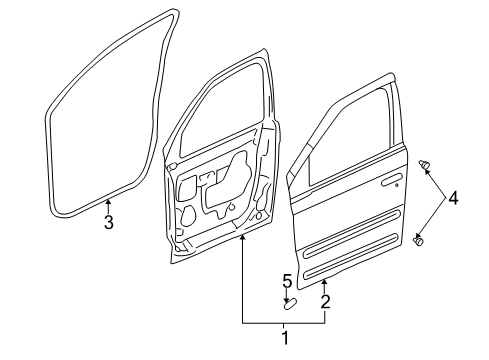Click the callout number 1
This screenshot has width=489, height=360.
coord(284,339)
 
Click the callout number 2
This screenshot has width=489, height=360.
coord(325,300)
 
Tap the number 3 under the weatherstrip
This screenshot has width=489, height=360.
coord(108,222)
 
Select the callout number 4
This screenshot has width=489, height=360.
coord(453,199)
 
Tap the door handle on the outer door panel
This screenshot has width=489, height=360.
coord(392,182)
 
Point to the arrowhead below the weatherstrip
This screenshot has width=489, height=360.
coord(108,204)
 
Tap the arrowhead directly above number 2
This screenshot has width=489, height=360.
coord(324,284)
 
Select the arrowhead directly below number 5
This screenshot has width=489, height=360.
coord(287,295)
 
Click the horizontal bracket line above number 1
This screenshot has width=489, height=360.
coord(283,321)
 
